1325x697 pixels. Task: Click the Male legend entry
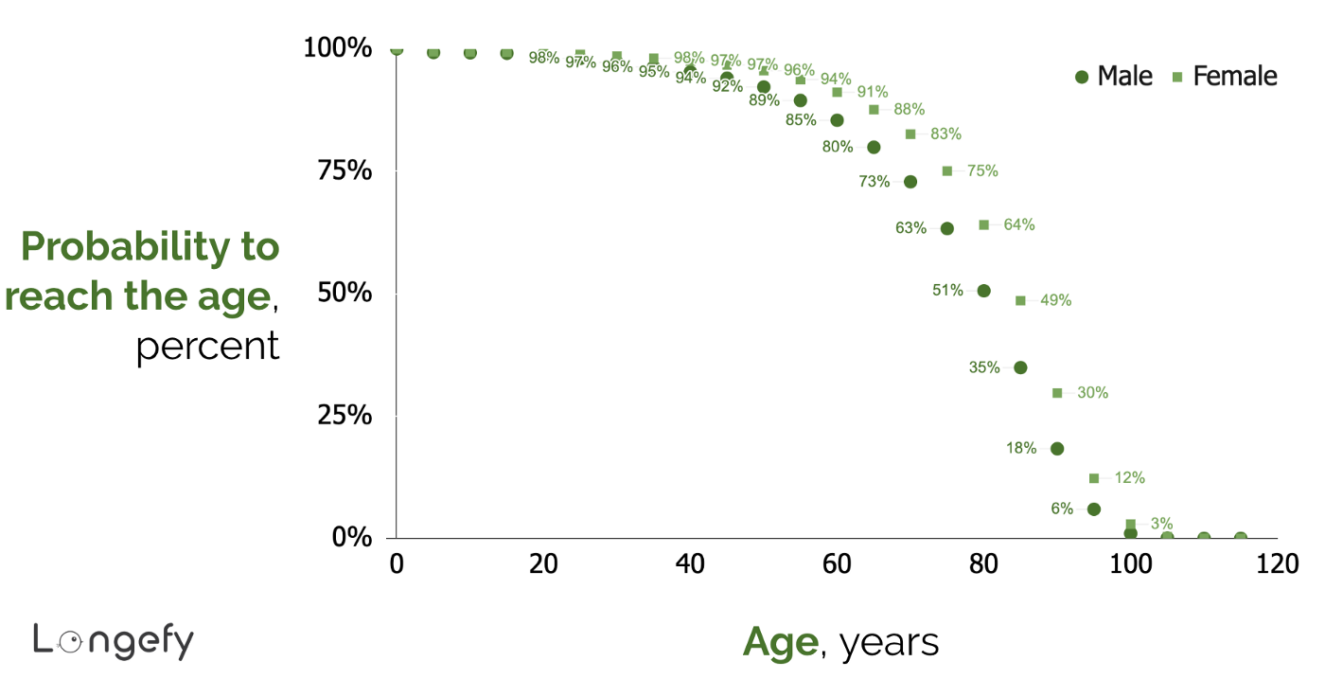[x=1114, y=77]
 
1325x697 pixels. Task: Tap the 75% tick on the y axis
[x=338, y=170]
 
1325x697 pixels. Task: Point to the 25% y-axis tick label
[x=338, y=415]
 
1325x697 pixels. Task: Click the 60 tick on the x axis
[x=837, y=563]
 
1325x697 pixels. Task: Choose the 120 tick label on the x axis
[x=1277, y=563]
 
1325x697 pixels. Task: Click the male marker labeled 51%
[x=983, y=291]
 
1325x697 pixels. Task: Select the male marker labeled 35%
[x=1020, y=367]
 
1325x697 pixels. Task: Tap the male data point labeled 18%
[x=1057, y=449]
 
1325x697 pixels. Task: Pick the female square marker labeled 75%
[x=946, y=170]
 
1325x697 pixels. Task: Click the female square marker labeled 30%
[x=1057, y=393]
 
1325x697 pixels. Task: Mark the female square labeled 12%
[x=1094, y=478]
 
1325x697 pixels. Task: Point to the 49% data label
[x=1055, y=300]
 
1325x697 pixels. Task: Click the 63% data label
[x=910, y=228]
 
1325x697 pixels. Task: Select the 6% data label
[x=1062, y=509]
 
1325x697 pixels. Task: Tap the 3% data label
[x=1161, y=524]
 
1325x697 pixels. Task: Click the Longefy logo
[x=113, y=641]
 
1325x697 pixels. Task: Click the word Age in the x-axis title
[x=780, y=642]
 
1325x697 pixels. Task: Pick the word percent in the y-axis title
[x=207, y=347]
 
